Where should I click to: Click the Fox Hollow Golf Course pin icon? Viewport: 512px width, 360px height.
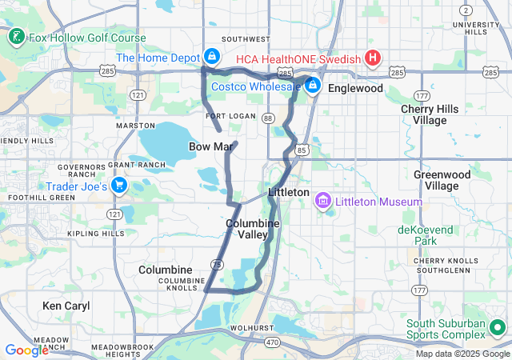click(15, 37)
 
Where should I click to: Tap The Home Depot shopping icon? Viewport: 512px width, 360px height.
click(212, 57)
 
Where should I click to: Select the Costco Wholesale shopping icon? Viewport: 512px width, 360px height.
click(313, 85)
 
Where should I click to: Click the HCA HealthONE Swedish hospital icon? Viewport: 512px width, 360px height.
click(372, 58)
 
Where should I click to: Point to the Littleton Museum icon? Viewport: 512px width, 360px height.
click(324, 200)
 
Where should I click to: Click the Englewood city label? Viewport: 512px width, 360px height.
click(355, 88)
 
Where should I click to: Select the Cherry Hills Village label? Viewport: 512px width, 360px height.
click(424, 114)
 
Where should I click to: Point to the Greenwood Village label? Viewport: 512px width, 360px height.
click(436, 179)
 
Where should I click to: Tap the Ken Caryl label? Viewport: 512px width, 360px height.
click(66, 306)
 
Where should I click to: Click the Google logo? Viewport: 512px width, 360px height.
click(27, 350)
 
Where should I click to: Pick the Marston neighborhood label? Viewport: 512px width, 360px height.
click(135, 126)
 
